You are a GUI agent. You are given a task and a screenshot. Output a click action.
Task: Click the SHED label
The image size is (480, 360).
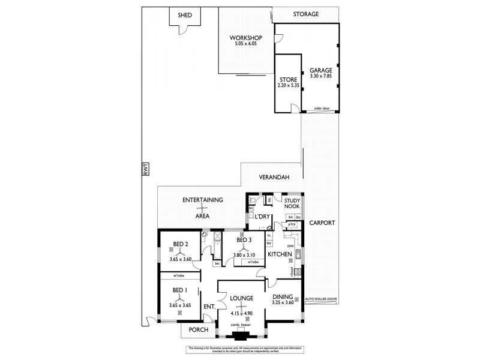[x=185, y=15]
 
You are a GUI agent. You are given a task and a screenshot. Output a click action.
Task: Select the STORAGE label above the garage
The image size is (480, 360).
[x=305, y=14]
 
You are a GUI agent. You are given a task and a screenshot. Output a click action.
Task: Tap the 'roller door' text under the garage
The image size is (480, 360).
[x=322, y=109]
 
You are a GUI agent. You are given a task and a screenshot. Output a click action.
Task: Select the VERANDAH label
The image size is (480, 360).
[x=274, y=178]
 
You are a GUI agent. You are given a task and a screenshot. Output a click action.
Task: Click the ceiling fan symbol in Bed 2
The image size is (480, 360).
[x=181, y=251]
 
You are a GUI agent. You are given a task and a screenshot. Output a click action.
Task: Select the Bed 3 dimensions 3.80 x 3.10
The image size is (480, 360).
[x=244, y=255]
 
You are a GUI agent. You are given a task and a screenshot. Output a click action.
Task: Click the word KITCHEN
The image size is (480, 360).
[x=280, y=254]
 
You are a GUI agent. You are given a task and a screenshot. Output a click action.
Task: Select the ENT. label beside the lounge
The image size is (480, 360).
[x=209, y=307]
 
